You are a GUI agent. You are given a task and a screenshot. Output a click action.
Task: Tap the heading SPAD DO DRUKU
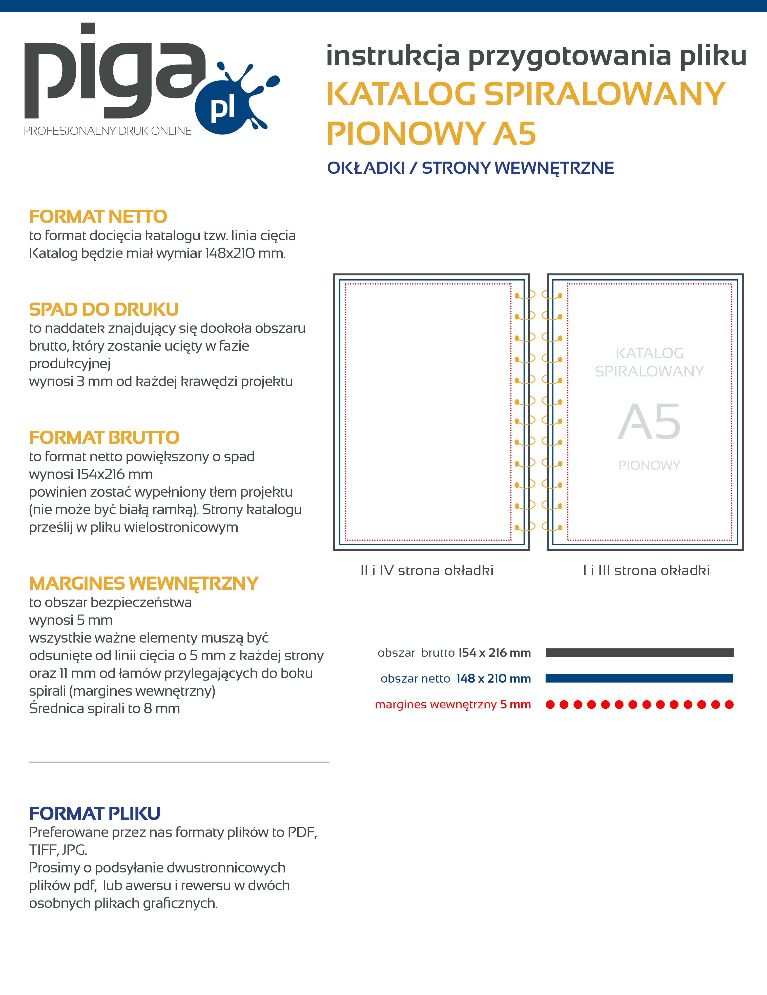pos(104,309)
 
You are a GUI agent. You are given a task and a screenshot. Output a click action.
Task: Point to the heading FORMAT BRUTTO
pos(104,437)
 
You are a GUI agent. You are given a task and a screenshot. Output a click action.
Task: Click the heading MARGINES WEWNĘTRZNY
pos(143,583)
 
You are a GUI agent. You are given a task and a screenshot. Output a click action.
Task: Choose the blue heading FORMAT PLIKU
pos(95,813)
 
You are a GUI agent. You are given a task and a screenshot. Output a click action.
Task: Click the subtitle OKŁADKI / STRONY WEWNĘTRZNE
pos(470,168)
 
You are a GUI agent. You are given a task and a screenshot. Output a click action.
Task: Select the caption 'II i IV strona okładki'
pos(427,570)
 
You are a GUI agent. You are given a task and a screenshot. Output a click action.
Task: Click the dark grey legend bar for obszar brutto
pos(639,653)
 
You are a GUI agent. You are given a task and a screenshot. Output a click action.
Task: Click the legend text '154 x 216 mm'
pos(494,653)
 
